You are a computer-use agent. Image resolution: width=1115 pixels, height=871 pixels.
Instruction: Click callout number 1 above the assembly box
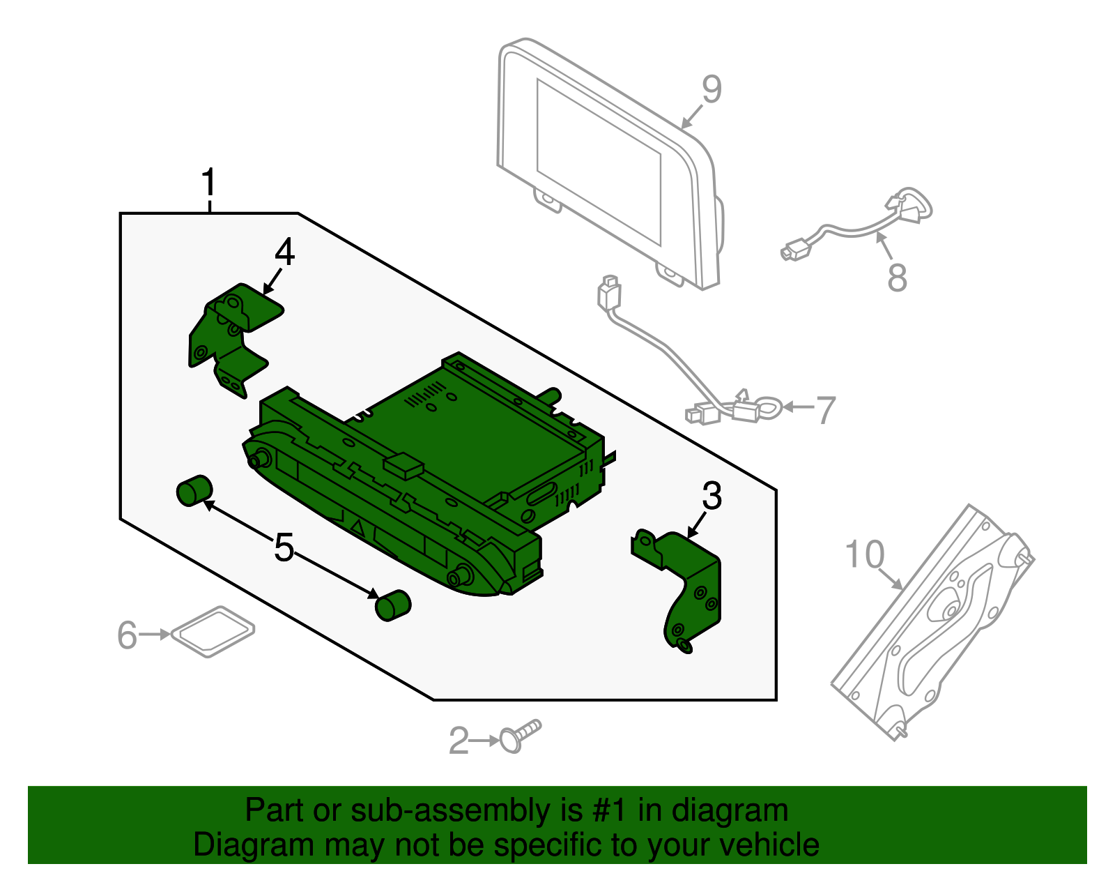click(x=208, y=183)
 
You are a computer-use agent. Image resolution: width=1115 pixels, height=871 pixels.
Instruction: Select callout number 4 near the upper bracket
click(x=284, y=252)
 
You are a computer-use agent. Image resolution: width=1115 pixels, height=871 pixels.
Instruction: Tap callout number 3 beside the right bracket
click(x=712, y=496)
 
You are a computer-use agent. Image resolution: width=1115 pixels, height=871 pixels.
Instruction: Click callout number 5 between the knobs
click(x=284, y=547)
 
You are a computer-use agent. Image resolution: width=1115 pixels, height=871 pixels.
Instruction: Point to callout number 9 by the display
click(x=712, y=89)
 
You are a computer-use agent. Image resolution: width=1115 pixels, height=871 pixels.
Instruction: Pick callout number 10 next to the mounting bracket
click(x=864, y=555)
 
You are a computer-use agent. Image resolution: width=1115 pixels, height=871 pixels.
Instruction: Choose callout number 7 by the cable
click(x=826, y=410)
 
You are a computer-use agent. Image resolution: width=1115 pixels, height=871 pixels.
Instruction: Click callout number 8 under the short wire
click(x=897, y=278)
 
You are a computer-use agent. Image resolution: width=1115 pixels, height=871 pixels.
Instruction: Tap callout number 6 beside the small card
click(x=127, y=635)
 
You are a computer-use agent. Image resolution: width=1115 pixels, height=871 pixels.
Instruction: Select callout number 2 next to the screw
click(x=459, y=741)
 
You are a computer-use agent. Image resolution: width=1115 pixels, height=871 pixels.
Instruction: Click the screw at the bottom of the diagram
click(x=519, y=736)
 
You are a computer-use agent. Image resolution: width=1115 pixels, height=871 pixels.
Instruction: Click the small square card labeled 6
click(x=213, y=631)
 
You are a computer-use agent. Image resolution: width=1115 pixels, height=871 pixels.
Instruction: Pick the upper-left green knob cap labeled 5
click(x=194, y=490)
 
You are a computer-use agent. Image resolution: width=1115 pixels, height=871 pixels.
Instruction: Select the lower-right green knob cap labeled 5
click(x=393, y=605)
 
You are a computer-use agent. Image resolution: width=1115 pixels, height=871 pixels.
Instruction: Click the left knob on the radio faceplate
click(x=261, y=459)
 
